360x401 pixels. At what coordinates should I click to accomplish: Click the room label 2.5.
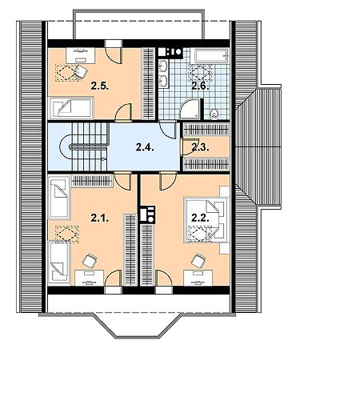(x=100, y=86)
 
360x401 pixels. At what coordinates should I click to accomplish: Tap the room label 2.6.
(x=200, y=86)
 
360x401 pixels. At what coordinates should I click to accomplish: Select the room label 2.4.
(x=145, y=147)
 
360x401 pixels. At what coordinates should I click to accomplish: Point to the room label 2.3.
(x=200, y=147)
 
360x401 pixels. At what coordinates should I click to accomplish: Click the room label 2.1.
(x=100, y=219)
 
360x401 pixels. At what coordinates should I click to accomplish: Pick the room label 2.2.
(x=200, y=219)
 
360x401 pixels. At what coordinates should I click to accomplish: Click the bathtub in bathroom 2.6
(x=212, y=56)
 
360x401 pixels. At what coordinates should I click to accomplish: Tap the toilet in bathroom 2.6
(x=214, y=114)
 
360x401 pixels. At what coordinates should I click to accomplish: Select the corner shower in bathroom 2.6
(x=190, y=110)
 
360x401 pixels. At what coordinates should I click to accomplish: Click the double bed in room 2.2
(x=206, y=220)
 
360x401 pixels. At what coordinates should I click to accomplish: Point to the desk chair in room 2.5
(x=80, y=72)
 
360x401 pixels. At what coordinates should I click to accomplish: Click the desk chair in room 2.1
(x=90, y=260)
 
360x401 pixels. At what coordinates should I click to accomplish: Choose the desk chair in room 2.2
(x=198, y=260)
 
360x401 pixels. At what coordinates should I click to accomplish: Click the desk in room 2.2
(x=198, y=278)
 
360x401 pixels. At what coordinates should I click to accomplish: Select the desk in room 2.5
(x=81, y=55)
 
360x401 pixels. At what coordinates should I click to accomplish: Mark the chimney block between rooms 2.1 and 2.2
(x=147, y=214)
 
